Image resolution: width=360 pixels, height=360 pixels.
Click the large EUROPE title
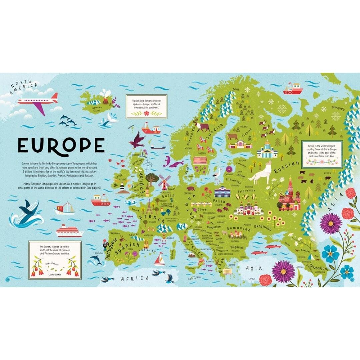click(x=61, y=145)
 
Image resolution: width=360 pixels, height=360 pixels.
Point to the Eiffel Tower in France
click(x=149, y=207)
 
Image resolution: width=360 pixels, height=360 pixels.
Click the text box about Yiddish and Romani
click(x=146, y=106)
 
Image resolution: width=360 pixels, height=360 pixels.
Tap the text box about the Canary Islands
click(x=55, y=259)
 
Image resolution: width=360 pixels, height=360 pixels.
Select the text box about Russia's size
click(x=321, y=154)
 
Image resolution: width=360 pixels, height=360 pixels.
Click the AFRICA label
click(x=135, y=278)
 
